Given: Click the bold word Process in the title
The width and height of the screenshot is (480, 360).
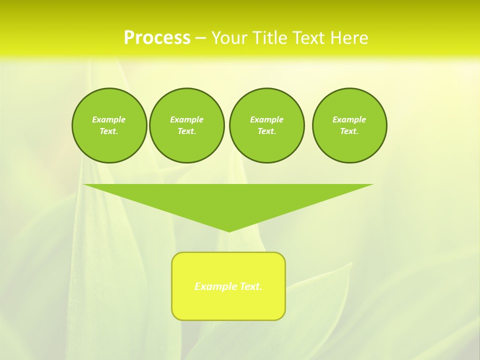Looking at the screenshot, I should click(x=157, y=38).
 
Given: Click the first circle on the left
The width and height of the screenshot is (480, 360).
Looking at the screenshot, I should click(x=109, y=125).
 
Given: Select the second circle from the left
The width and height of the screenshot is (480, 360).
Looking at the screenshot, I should click(x=186, y=125).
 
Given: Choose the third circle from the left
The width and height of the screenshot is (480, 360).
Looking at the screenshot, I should click(x=266, y=125).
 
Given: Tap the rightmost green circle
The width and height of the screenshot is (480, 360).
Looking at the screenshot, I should click(x=349, y=125).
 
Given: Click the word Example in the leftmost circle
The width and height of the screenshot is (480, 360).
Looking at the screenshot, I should click(x=109, y=119).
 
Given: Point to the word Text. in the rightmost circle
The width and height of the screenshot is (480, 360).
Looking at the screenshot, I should click(x=349, y=131).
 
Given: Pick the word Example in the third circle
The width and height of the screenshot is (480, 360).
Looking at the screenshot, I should click(x=266, y=119).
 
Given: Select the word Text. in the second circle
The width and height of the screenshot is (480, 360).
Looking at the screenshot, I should click(x=186, y=131).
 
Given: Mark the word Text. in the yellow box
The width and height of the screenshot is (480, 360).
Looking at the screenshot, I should click(x=251, y=286).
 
